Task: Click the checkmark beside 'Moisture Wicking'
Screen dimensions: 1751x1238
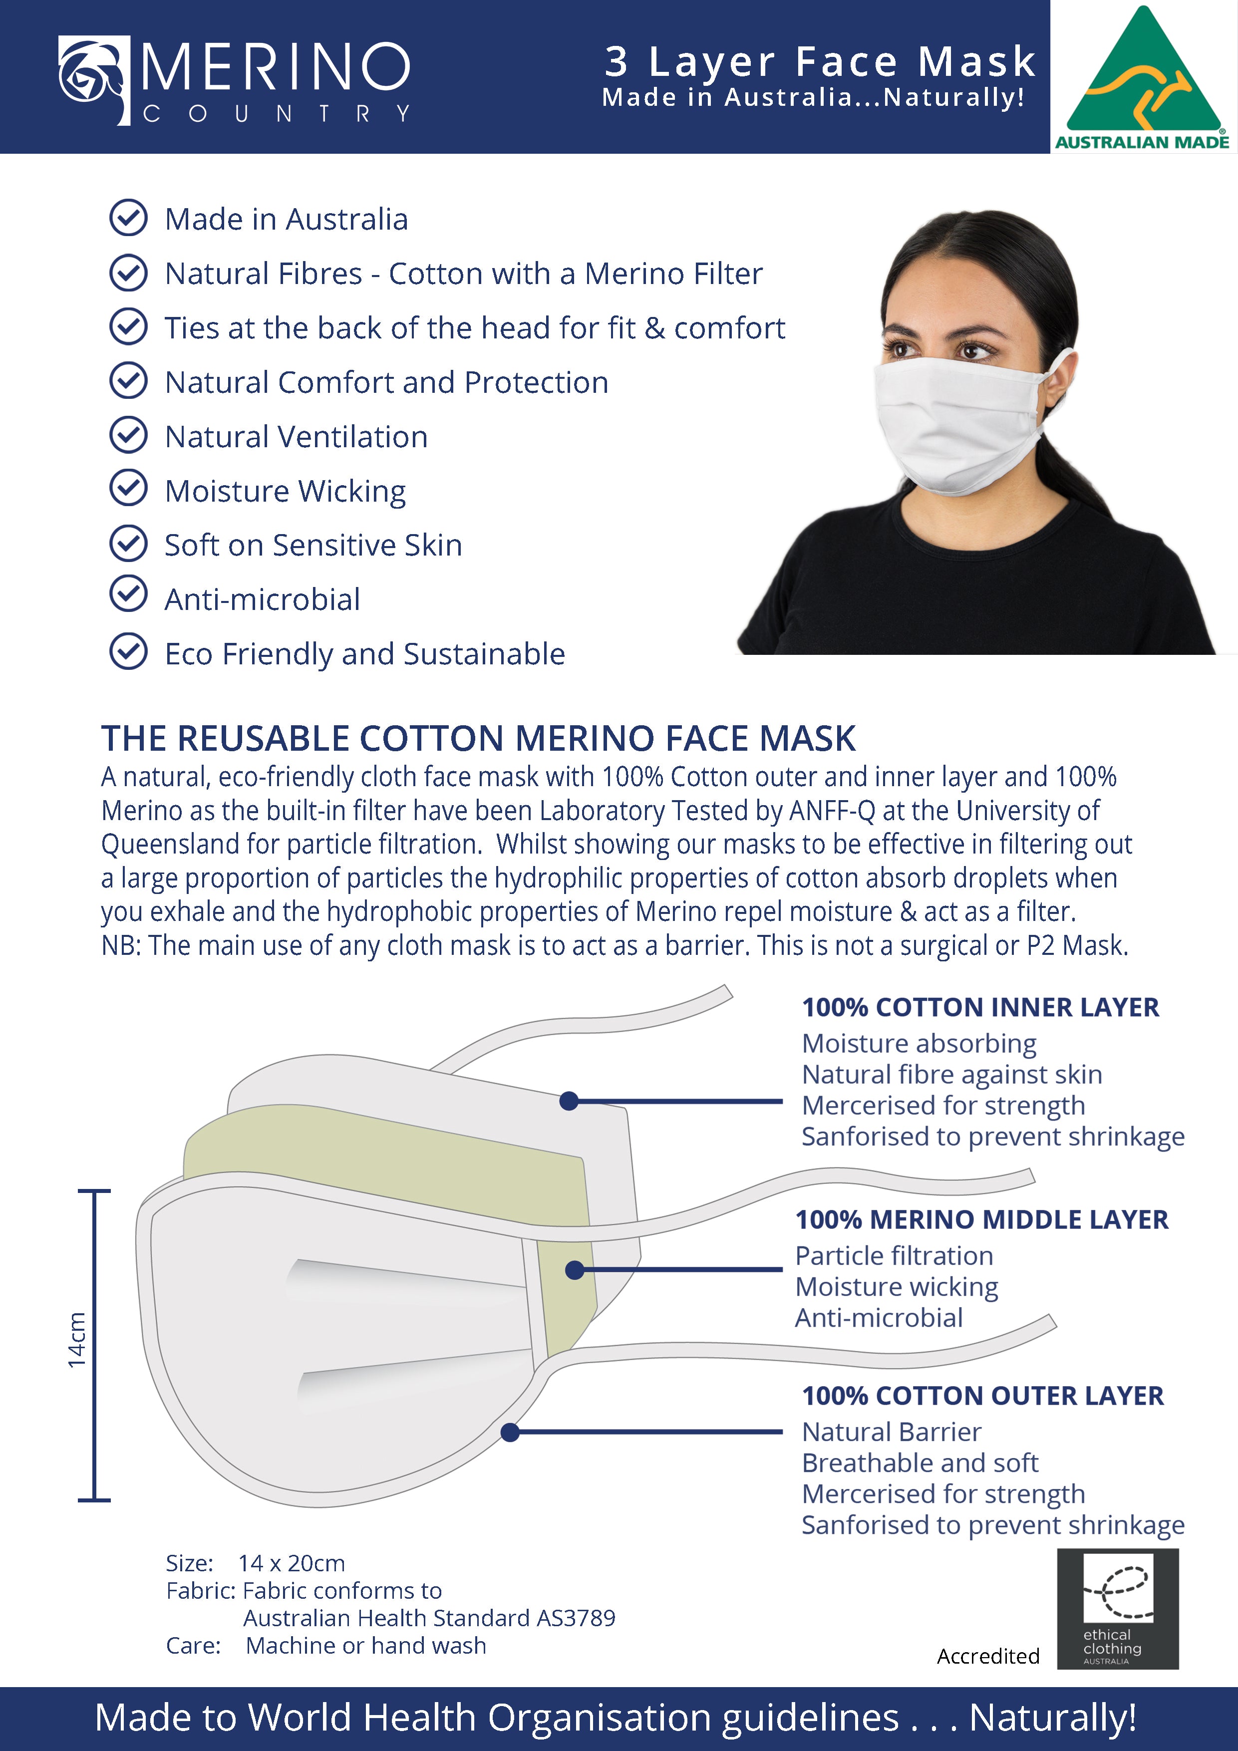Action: click(x=128, y=488)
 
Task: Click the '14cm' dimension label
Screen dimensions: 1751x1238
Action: click(x=77, y=1339)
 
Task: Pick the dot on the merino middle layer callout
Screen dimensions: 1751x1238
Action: click(x=575, y=1270)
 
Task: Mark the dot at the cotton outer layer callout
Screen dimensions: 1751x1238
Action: click(x=510, y=1432)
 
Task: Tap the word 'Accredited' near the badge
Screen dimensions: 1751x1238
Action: click(x=988, y=1656)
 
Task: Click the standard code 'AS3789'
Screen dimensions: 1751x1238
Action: click(x=576, y=1618)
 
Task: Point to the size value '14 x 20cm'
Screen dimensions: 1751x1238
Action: click(x=292, y=1563)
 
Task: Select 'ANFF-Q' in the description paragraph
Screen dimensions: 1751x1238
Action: click(x=832, y=811)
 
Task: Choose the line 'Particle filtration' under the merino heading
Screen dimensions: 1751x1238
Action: click(x=894, y=1255)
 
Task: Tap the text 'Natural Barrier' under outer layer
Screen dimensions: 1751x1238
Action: click(x=891, y=1432)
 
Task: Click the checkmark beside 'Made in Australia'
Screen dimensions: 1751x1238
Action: click(x=128, y=218)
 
